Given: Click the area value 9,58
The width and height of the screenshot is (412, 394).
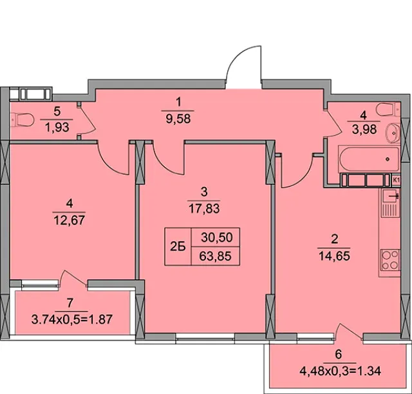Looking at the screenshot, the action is point(178,119).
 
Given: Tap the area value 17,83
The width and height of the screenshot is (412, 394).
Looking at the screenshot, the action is point(204,208).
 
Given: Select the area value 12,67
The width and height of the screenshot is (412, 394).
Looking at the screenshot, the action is point(70,220).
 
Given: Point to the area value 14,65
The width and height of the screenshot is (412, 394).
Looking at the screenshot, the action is point(334,255).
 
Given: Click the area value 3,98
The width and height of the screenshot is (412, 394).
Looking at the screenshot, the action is point(364,129).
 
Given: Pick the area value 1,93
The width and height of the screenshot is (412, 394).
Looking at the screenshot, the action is point(57,128).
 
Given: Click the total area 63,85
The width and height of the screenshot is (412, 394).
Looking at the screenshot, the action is point(215,256).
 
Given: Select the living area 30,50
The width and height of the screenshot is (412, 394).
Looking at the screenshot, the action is point(217,237).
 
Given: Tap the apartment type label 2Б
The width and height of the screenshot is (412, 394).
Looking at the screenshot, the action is point(178,247).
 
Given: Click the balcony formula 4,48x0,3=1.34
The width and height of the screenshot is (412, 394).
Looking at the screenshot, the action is point(340,371).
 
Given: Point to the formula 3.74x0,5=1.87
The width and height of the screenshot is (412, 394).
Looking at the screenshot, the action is point(71,319).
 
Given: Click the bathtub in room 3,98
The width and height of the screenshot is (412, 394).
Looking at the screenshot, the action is point(369,159).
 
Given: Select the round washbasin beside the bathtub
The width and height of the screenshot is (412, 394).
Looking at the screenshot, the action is point(393,133).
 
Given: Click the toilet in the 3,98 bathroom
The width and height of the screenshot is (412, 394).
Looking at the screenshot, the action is point(388,109).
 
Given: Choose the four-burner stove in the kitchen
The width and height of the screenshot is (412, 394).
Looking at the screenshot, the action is point(390,260).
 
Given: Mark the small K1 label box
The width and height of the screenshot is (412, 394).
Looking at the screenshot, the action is point(396,181).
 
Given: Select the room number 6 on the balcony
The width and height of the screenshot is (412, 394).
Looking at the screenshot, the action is point(339,355).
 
